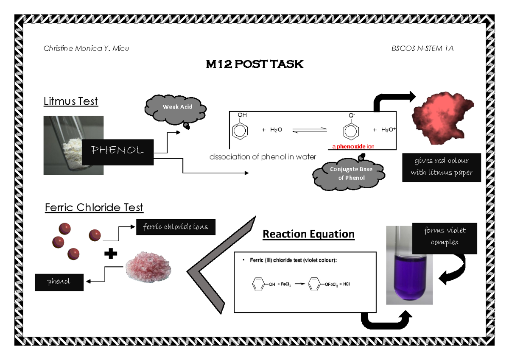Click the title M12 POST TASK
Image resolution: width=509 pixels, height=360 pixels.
coord(255,64)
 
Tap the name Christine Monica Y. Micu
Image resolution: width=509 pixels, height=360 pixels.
coord(86,48)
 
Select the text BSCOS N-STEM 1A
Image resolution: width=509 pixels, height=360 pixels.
coord(422,48)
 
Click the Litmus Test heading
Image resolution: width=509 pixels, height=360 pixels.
coord(71,101)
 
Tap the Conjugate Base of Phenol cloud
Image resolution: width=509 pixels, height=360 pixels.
coord(349,173)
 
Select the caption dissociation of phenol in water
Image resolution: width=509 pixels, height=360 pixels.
coord(263,157)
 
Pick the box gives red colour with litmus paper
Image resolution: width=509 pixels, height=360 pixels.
coord(442,167)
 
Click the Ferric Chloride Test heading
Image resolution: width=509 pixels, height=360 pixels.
coord(94,208)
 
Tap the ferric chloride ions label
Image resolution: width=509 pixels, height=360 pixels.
coord(176,227)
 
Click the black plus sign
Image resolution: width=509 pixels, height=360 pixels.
coord(110,254)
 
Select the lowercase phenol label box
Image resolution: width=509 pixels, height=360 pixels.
coord(59,282)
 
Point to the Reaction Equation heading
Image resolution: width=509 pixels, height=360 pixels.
coord(308,234)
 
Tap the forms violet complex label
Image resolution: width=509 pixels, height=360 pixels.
coord(445,237)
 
